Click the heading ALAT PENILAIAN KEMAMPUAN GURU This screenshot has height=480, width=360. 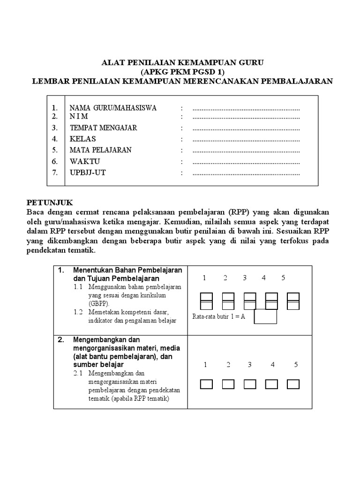(x=183, y=62)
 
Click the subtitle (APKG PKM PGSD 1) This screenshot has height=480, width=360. (x=183, y=72)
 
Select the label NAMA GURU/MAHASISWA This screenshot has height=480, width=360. (x=113, y=108)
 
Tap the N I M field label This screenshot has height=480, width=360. (x=79, y=117)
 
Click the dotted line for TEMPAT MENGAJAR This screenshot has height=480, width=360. (x=246, y=128)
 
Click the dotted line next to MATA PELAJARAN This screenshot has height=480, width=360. (x=246, y=150)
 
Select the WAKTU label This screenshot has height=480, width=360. (x=85, y=162)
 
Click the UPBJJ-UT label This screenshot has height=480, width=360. (x=88, y=173)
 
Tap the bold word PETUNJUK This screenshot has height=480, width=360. (x=50, y=202)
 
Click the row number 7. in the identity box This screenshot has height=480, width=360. (x=55, y=173)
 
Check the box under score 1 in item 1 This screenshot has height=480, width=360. (x=207, y=300)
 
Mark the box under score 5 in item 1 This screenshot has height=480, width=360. (x=293, y=300)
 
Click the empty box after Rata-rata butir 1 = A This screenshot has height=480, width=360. (x=265, y=316)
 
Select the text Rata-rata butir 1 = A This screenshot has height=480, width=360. (x=219, y=317)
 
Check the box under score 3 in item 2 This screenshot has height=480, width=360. (x=250, y=384)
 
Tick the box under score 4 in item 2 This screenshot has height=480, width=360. (x=272, y=384)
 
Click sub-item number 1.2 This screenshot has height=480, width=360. (x=78, y=312)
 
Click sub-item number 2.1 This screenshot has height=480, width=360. (x=78, y=374)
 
